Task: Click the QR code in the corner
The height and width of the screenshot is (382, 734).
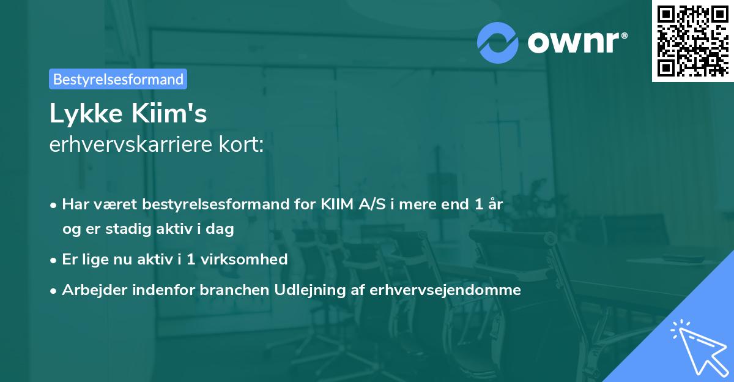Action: pyautogui.click(x=692, y=40)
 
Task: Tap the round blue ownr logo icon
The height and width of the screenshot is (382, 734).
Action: pyautogui.click(x=498, y=43)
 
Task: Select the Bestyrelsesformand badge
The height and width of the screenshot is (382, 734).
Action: pyautogui.click(x=117, y=79)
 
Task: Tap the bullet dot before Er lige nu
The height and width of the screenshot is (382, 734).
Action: pyautogui.click(x=54, y=260)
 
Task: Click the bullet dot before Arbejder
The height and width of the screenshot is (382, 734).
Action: pyautogui.click(x=54, y=290)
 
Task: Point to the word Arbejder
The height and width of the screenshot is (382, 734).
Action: pyautogui.click(x=92, y=290)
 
